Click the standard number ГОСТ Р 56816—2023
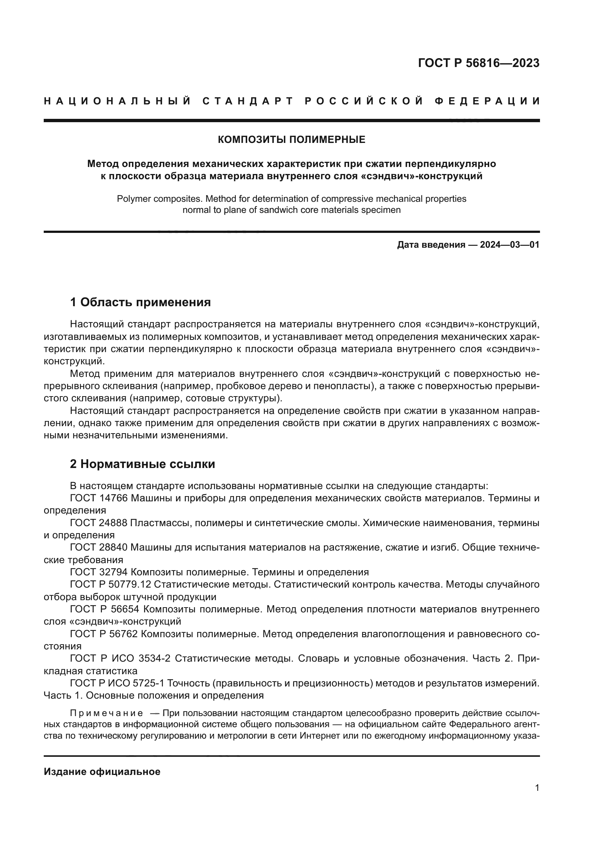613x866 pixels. (x=478, y=63)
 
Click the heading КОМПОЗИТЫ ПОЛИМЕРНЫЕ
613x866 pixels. (x=291, y=140)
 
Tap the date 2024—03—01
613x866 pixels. (x=509, y=245)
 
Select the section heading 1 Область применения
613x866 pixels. (x=140, y=302)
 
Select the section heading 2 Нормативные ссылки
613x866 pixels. (x=142, y=464)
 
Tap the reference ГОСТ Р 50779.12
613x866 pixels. (x=110, y=585)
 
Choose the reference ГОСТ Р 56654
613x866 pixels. (x=105, y=609)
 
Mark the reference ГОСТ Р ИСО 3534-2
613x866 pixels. (x=120, y=659)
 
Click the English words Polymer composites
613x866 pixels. (x=154, y=199)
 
